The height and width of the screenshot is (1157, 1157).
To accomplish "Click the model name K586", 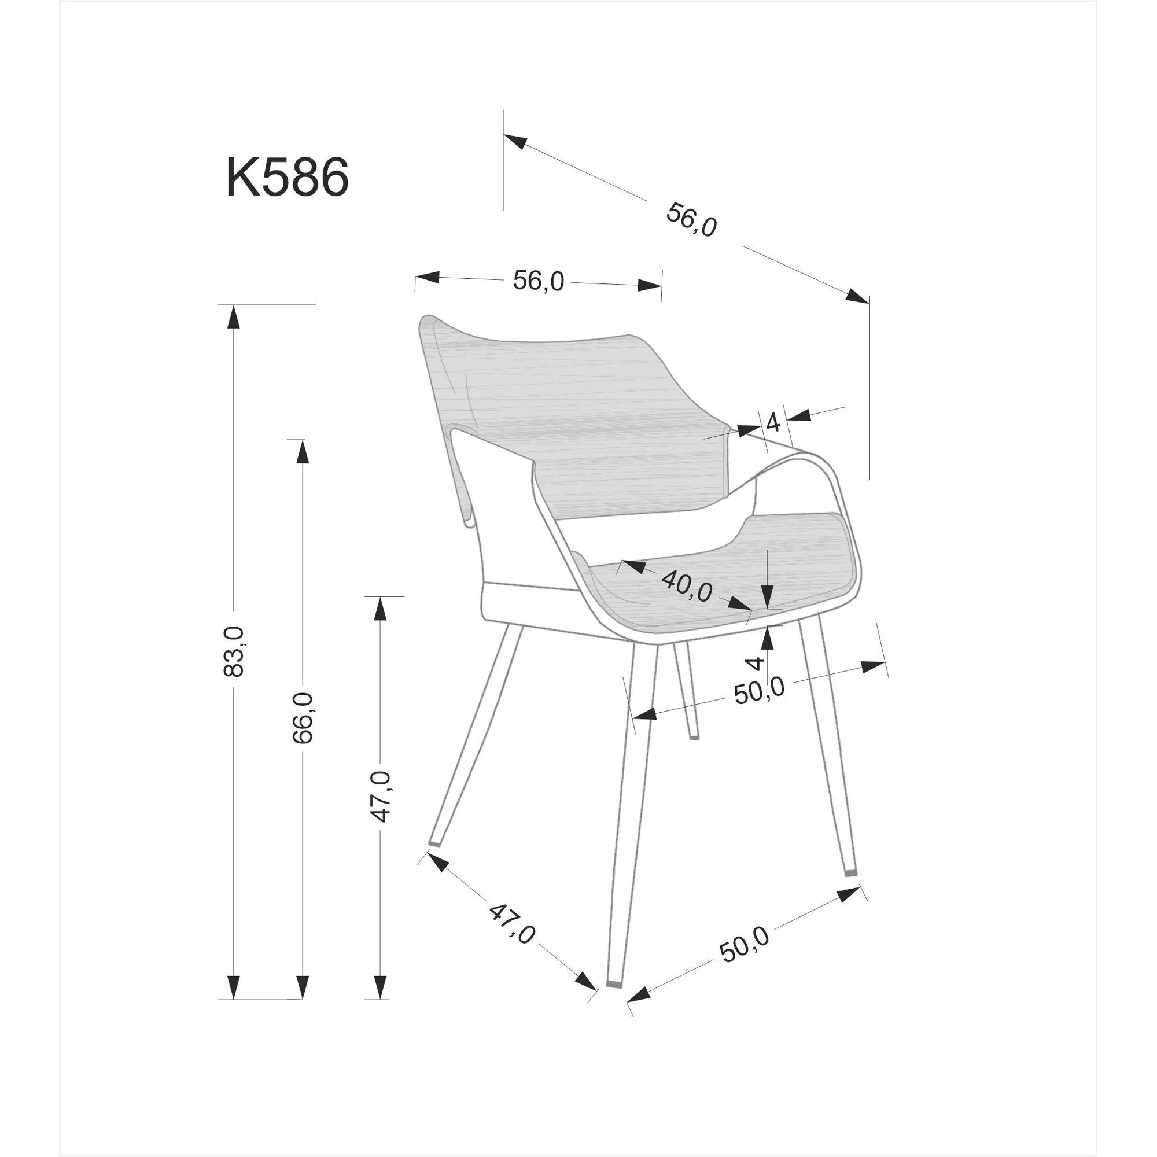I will pyautogui.click(x=288, y=178).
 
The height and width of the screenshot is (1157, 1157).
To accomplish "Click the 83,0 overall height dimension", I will pyautogui.click(x=234, y=651).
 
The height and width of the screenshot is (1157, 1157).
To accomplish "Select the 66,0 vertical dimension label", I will pyautogui.click(x=304, y=717).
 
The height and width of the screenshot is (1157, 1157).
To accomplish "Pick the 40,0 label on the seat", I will pyautogui.click(x=687, y=585).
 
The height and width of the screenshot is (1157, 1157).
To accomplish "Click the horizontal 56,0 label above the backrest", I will pyautogui.click(x=539, y=280).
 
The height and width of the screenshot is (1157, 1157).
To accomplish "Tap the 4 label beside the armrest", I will pyautogui.click(x=773, y=423).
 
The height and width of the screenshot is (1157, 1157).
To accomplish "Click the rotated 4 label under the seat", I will pyautogui.click(x=757, y=663).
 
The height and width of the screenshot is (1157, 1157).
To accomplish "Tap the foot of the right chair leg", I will pyautogui.click(x=850, y=873).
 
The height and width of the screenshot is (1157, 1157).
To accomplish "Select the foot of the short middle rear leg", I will pyautogui.click(x=694, y=736).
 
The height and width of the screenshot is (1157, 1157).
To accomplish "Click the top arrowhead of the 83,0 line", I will pyautogui.click(x=234, y=316).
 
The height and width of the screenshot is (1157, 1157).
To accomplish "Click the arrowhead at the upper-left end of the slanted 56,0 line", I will pyautogui.click(x=515, y=141).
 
